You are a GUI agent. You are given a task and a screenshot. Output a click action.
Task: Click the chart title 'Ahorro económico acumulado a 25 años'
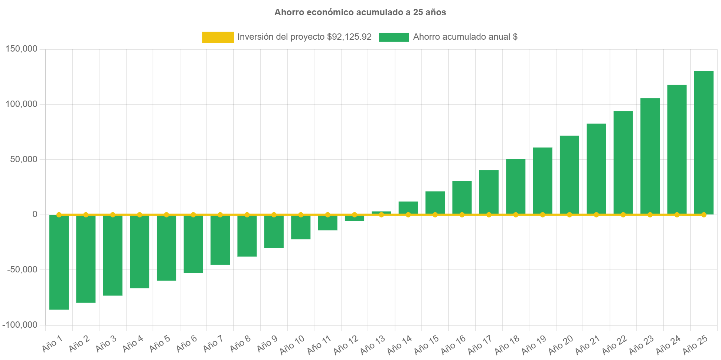pos(360,12)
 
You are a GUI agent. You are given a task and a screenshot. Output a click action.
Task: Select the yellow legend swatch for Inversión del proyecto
pos(218,37)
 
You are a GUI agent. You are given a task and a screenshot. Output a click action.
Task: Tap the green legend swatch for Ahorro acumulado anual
pos(394,37)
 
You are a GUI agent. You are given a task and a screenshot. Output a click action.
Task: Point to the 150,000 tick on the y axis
pos(22,49)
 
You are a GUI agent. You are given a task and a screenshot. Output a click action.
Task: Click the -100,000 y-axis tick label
pos(20,325)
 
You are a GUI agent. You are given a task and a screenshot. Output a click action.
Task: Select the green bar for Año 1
pos(59,262)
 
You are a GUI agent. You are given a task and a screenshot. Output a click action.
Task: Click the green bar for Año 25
pos(704,143)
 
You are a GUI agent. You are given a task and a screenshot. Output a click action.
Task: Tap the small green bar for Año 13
pos(381,212)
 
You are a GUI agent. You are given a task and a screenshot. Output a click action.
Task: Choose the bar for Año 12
pos(355,218)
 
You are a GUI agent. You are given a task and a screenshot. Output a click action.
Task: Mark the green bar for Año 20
pos(569,175)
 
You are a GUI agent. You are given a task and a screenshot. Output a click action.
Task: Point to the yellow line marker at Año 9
pos(274,215)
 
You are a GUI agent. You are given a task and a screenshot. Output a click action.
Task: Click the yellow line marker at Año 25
pos(704,215)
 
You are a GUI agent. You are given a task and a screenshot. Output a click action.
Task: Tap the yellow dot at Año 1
pos(59,215)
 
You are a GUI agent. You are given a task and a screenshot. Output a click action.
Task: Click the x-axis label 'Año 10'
pos(292,344)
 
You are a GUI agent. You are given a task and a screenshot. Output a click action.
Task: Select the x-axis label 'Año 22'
pos(614,344)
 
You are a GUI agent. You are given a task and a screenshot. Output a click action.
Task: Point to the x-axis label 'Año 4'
pos(133,343)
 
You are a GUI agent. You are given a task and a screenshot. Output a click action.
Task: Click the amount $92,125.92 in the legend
pos(349,37)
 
